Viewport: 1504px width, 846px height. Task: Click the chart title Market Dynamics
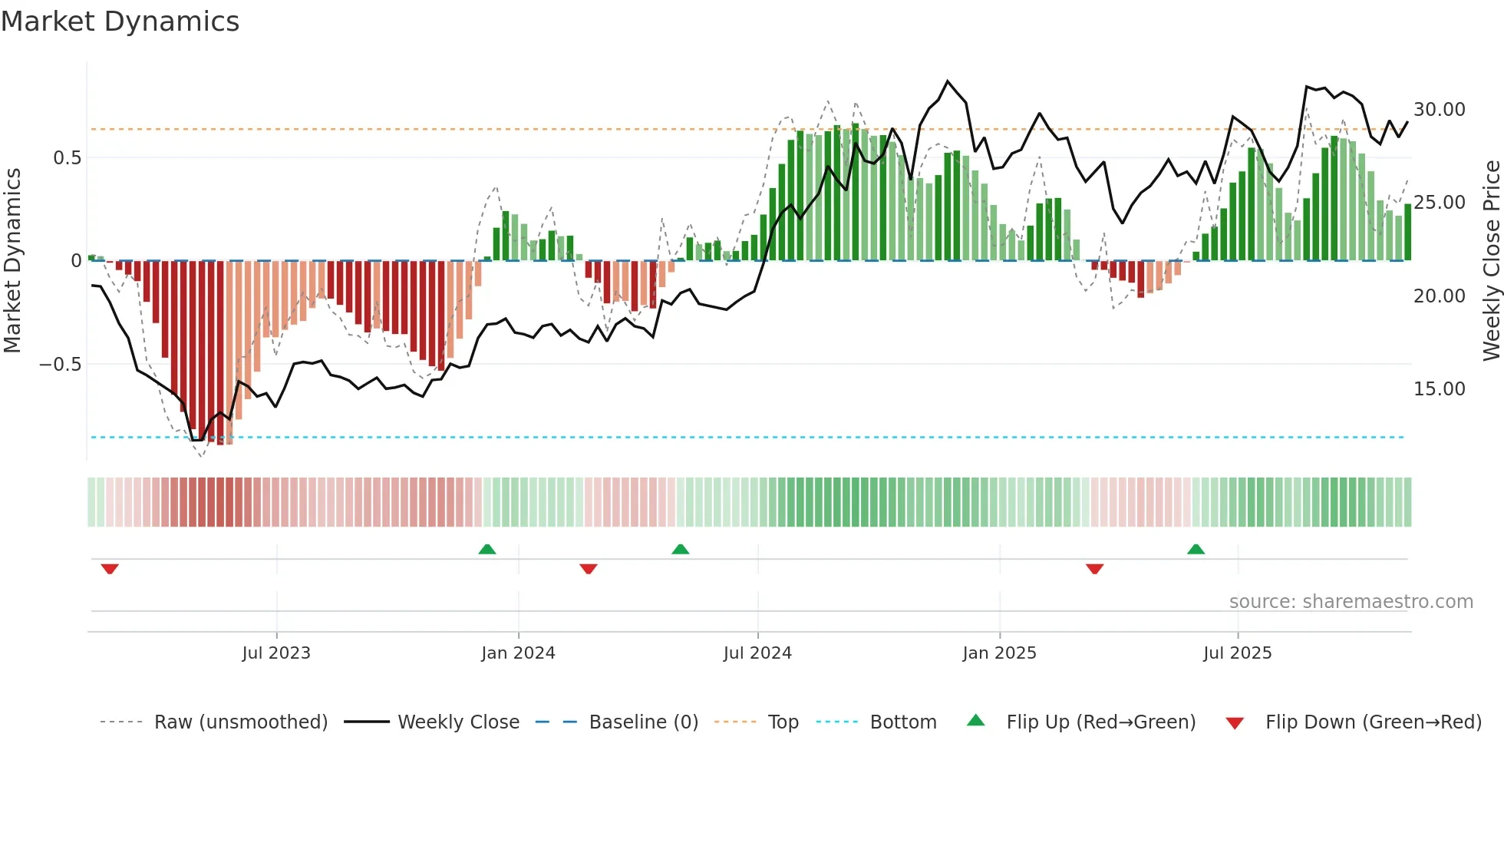pos(120,21)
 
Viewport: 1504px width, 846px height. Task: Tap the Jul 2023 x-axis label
pos(276,653)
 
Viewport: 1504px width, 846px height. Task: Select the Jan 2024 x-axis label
pos(518,653)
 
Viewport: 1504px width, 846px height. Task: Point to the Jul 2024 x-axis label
pos(757,653)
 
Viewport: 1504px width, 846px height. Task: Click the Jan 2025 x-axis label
pos(999,653)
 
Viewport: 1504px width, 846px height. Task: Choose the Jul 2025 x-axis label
pos(1237,653)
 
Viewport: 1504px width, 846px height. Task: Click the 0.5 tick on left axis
pos(67,158)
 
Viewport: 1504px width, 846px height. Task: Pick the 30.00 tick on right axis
pos(1439,110)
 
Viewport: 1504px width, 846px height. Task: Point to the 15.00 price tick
pos(1439,389)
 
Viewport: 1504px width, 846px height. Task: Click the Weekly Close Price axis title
pos(1491,261)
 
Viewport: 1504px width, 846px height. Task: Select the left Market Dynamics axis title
pos(12,261)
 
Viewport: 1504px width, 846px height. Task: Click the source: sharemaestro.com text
pos(1351,602)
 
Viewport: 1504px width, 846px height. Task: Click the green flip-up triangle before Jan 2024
pos(487,549)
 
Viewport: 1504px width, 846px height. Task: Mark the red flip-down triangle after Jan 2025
pos(1095,569)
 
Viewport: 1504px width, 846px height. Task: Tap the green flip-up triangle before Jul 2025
pos(1196,549)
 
